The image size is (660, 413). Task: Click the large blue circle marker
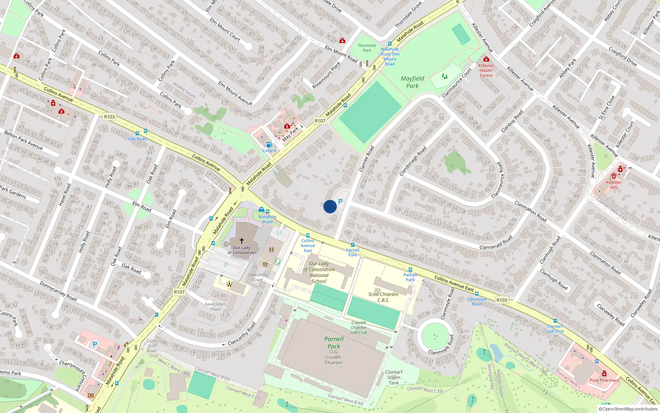(x=330, y=206)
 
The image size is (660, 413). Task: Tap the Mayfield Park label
(x=412, y=82)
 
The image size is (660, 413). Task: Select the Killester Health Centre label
(x=486, y=70)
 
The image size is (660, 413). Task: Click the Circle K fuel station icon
(x=269, y=145)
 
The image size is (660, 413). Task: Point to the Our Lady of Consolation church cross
(x=242, y=240)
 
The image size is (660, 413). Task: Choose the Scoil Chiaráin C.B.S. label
(x=383, y=297)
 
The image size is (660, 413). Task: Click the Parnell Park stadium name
(x=334, y=343)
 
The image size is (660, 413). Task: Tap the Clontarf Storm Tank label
(x=394, y=377)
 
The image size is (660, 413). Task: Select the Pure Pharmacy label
(x=604, y=380)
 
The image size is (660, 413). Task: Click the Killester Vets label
(x=614, y=185)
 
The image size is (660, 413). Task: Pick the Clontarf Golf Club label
(x=555, y=329)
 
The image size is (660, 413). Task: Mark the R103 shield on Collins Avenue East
(x=502, y=300)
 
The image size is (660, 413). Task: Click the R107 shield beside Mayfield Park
(x=320, y=121)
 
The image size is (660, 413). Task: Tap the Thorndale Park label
(x=367, y=48)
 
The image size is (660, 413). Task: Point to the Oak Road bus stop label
(x=137, y=139)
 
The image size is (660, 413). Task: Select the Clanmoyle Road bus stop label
(x=476, y=301)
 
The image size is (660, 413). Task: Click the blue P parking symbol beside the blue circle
(x=340, y=202)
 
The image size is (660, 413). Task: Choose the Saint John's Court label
(x=215, y=306)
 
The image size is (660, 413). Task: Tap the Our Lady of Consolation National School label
(x=319, y=272)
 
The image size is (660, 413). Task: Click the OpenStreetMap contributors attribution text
(x=630, y=409)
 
